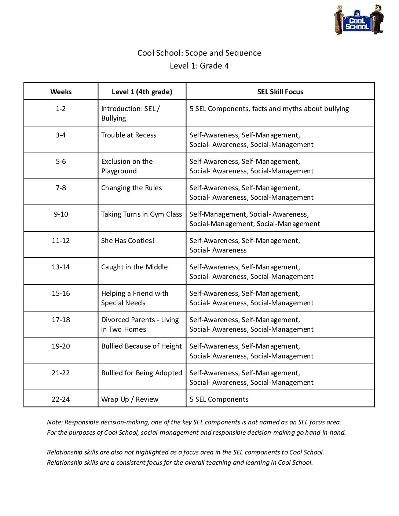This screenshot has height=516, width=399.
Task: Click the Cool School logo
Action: pyautogui.click(x=359, y=20)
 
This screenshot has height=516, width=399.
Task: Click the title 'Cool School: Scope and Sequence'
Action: pyautogui.click(x=199, y=53)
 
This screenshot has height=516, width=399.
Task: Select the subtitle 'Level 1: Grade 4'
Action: pyautogui.click(x=199, y=66)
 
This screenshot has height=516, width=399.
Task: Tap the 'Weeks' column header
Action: pyautogui.click(x=61, y=92)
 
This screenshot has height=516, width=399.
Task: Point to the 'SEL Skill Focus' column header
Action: pyautogui.click(x=280, y=92)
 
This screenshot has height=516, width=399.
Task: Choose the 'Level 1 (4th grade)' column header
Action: pyautogui.click(x=142, y=92)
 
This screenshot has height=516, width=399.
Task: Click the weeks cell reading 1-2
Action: pyautogui.click(x=61, y=109)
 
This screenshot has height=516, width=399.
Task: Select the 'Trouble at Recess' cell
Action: pyautogui.click(x=129, y=135)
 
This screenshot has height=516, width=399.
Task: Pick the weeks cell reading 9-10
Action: pyautogui.click(x=61, y=214)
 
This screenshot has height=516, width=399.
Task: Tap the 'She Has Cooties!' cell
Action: pyautogui.click(x=128, y=241)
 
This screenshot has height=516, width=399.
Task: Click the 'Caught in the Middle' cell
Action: pyautogui.click(x=134, y=267)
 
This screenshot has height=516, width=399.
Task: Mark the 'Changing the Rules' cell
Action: pyautogui.click(x=131, y=188)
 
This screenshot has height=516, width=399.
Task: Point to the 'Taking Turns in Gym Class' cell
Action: pyautogui.click(x=142, y=214)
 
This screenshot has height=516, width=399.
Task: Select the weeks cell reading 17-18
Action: pyautogui.click(x=61, y=320)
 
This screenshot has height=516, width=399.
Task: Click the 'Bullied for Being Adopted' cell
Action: pyautogui.click(x=142, y=373)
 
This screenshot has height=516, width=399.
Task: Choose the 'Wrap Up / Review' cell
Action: pyautogui.click(x=130, y=399)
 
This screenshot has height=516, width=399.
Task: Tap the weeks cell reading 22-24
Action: pyautogui.click(x=61, y=399)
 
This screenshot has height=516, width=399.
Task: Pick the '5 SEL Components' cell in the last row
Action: pyautogui.click(x=219, y=399)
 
